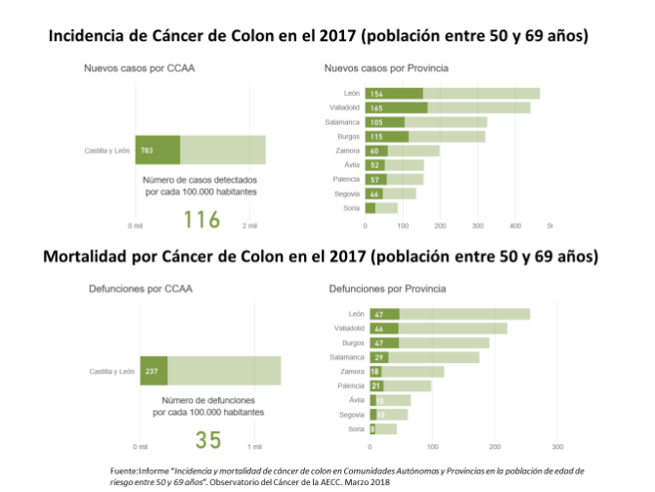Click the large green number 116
201,218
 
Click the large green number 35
207,440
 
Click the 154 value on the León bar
376,94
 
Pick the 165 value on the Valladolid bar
376,108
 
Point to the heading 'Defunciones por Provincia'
387,291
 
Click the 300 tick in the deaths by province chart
556,448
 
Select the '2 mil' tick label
251,226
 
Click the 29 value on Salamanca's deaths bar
379,357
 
